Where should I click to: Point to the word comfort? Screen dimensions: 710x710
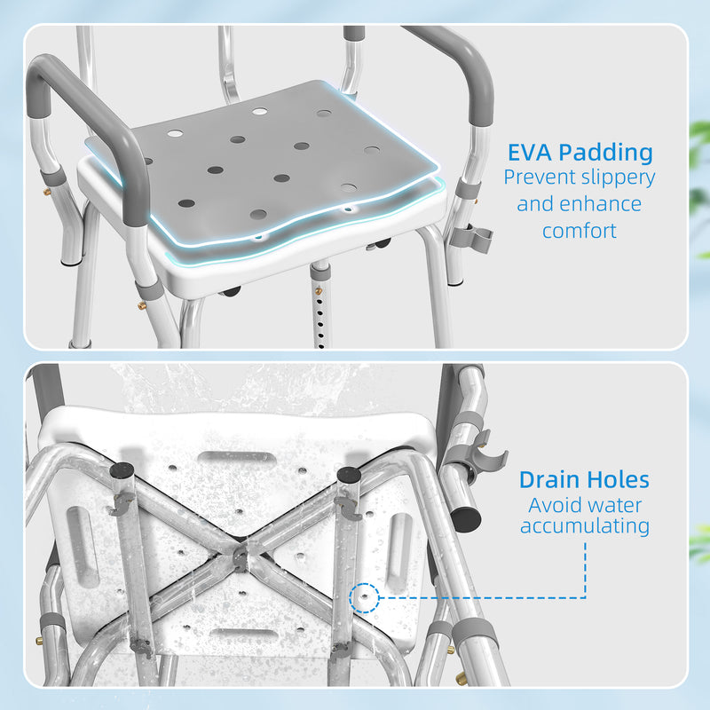(579, 232)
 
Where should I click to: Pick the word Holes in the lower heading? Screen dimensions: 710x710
(619, 481)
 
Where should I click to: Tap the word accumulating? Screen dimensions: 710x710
(585, 526)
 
